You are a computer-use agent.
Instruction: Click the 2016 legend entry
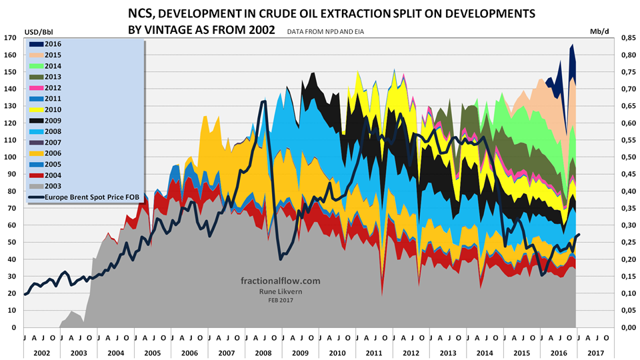point(45,44)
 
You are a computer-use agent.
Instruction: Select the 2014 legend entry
point(45,66)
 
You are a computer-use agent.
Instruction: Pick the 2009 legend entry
point(45,120)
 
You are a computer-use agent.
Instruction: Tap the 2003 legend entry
point(45,185)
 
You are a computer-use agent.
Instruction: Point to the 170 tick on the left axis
point(11,37)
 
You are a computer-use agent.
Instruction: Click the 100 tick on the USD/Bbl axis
point(11,157)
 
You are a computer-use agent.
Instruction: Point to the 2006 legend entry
point(45,153)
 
